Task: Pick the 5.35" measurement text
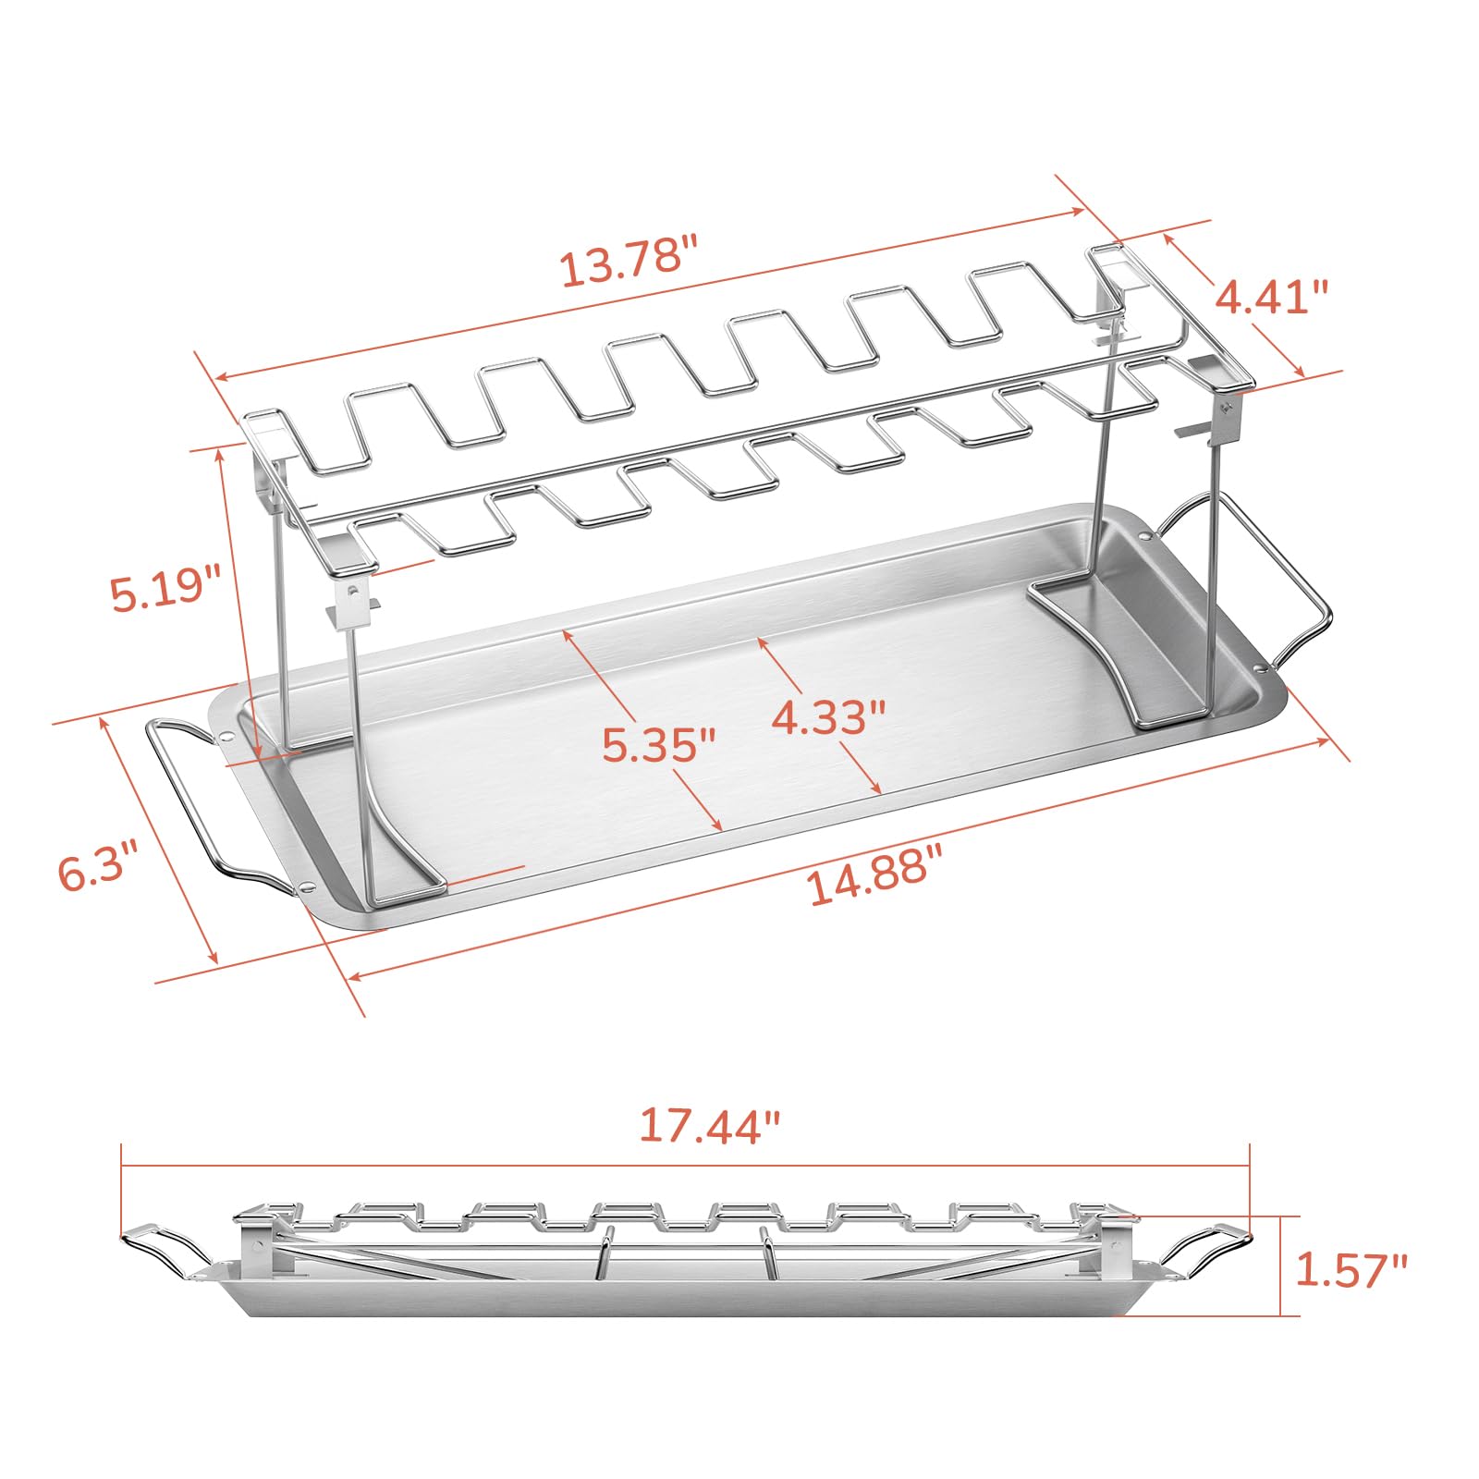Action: [659, 744]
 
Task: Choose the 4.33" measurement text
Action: [829, 716]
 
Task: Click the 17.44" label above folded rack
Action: [710, 1126]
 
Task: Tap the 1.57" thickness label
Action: [1350, 1269]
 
